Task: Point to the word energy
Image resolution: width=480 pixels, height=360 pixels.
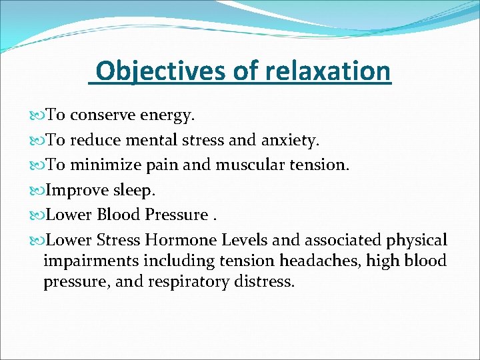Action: pos(169,116)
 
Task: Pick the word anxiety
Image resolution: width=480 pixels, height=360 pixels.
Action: pos(291,141)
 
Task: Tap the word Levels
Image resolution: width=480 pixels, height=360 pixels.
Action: pos(252,240)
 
